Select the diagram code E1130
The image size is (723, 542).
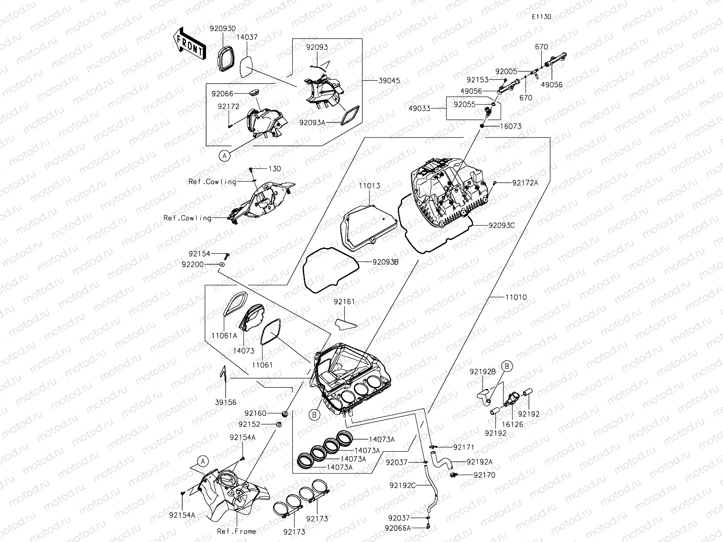tap(541, 17)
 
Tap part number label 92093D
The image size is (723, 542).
tap(222, 28)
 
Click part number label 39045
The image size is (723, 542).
tap(389, 81)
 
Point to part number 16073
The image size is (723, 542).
tap(511, 126)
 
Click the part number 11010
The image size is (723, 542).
tap(515, 297)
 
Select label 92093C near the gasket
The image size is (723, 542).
tap(501, 225)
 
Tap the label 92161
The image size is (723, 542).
tap(344, 302)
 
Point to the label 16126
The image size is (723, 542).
tap(512, 424)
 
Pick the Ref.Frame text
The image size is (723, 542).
tap(236, 531)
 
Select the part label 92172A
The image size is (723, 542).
tap(525, 183)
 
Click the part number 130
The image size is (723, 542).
tap(274, 169)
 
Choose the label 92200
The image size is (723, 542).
tap(192, 264)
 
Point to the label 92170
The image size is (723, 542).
tap(484, 475)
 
